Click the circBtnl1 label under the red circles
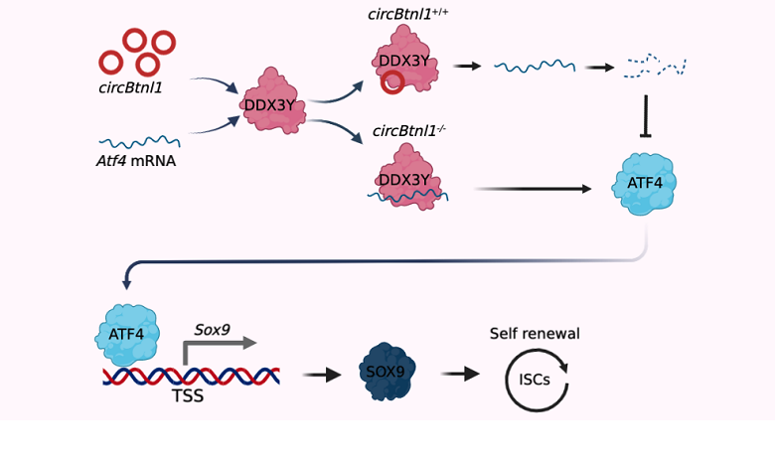point(130,87)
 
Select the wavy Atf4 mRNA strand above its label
point(139,142)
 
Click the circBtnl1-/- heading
point(408,130)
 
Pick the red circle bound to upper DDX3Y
point(392,82)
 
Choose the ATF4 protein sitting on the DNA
point(126,332)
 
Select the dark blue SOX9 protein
point(386,373)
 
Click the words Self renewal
point(535,334)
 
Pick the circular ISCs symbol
point(537,379)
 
